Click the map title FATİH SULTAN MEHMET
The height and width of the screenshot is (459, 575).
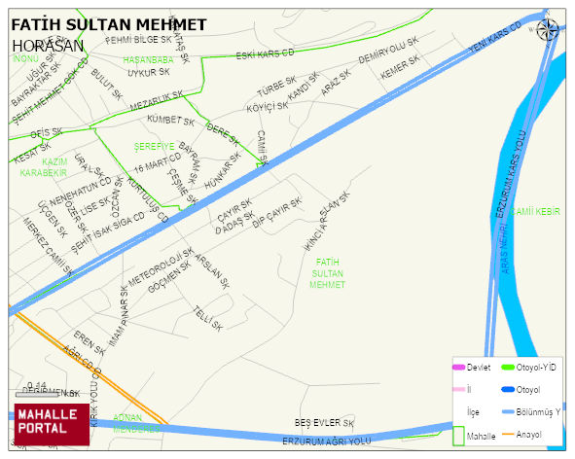click(x=108, y=23)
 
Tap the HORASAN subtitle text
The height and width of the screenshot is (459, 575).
click(x=48, y=45)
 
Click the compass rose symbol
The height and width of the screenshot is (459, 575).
click(x=548, y=30)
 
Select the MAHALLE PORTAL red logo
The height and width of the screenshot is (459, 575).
click(x=53, y=422)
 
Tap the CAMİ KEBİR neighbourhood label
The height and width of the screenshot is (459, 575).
click(x=536, y=211)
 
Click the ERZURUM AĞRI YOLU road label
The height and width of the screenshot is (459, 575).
click(x=327, y=441)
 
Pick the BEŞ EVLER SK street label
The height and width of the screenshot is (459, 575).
click(x=325, y=423)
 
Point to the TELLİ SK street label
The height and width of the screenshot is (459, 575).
click(x=207, y=317)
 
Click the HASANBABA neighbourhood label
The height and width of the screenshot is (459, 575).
click(x=148, y=60)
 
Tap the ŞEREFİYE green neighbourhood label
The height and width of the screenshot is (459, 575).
click(x=154, y=146)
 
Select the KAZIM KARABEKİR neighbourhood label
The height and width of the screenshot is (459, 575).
click(x=42, y=167)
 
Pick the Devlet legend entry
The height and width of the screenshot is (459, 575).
click(x=478, y=367)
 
